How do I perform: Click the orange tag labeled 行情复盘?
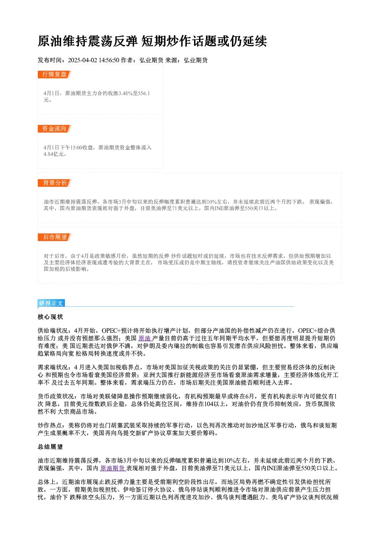(x=55, y=74)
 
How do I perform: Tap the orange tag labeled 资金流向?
(x=55, y=129)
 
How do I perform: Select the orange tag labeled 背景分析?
(x=55, y=183)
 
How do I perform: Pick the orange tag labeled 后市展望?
(x=55, y=237)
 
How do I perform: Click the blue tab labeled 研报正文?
(x=51, y=303)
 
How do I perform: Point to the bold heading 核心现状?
(x=50, y=317)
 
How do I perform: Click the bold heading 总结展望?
(x=50, y=447)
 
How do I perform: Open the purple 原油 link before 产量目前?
(x=144, y=338)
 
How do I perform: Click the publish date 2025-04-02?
(x=83, y=60)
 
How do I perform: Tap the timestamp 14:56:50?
(x=109, y=60)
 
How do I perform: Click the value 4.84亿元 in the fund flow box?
(x=54, y=154)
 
